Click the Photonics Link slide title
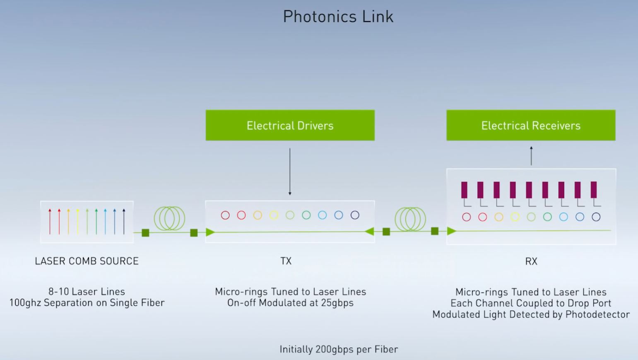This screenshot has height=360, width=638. point(338,17)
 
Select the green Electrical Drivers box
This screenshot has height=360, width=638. point(290,125)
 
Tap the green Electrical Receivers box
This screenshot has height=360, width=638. point(531,125)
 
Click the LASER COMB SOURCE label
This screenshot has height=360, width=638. point(87,261)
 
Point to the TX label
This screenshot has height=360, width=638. point(286,261)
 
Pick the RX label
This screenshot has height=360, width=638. point(531,261)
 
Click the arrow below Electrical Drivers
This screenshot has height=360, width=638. point(290,172)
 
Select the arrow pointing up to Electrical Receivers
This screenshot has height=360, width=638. point(531,156)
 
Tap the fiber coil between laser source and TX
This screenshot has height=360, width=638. point(169,218)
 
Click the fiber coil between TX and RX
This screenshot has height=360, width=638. point(410,218)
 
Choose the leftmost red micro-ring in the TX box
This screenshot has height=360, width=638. point(225,215)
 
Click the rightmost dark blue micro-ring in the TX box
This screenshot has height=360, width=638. point(355,215)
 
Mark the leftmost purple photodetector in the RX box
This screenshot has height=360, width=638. point(464,190)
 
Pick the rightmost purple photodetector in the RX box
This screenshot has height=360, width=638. point(594,190)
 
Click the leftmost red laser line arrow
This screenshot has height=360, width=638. point(50,222)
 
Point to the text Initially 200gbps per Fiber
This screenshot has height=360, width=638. point(339,349)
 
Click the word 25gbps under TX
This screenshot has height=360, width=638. point(337,303)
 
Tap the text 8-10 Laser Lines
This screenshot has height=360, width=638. point(87,292)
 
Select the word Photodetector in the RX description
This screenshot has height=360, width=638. point(597,314)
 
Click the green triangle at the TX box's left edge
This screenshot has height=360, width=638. point(210,232)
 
